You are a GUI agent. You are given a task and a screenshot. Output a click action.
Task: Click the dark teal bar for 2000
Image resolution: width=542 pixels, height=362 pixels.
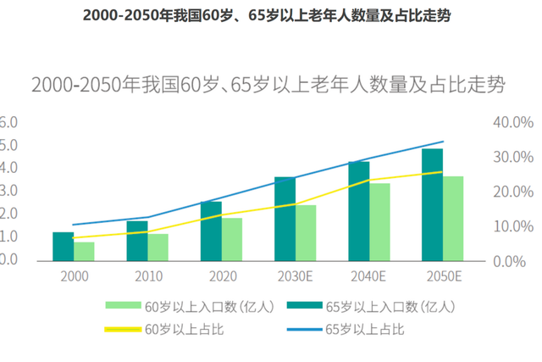coord(63,246)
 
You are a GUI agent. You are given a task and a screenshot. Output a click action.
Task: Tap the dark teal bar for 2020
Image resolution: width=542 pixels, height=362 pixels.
coord(211,231)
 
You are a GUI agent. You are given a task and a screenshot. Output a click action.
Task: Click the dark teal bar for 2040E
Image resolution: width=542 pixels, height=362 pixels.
coord(359,211)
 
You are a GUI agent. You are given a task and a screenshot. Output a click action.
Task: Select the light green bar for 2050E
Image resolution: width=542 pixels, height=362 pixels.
coord(453,218)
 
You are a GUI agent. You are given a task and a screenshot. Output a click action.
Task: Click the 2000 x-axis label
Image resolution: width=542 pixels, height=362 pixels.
coord(74,276)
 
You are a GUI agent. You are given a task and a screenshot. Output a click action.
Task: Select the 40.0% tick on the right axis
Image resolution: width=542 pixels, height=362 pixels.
coord(511,122)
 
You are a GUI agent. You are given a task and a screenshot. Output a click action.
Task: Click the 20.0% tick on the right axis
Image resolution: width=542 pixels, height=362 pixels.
coord(511,192)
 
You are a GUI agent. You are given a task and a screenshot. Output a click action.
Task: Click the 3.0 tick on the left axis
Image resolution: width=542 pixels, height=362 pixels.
coord(8,192)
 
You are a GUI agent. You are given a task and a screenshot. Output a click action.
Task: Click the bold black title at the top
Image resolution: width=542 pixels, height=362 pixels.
coord(270,16)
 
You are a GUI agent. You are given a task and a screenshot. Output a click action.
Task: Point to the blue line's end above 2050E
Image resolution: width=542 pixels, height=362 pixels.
coord(443,142)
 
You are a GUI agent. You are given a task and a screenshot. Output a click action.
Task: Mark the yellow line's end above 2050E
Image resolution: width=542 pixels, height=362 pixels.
coord(442,172)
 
